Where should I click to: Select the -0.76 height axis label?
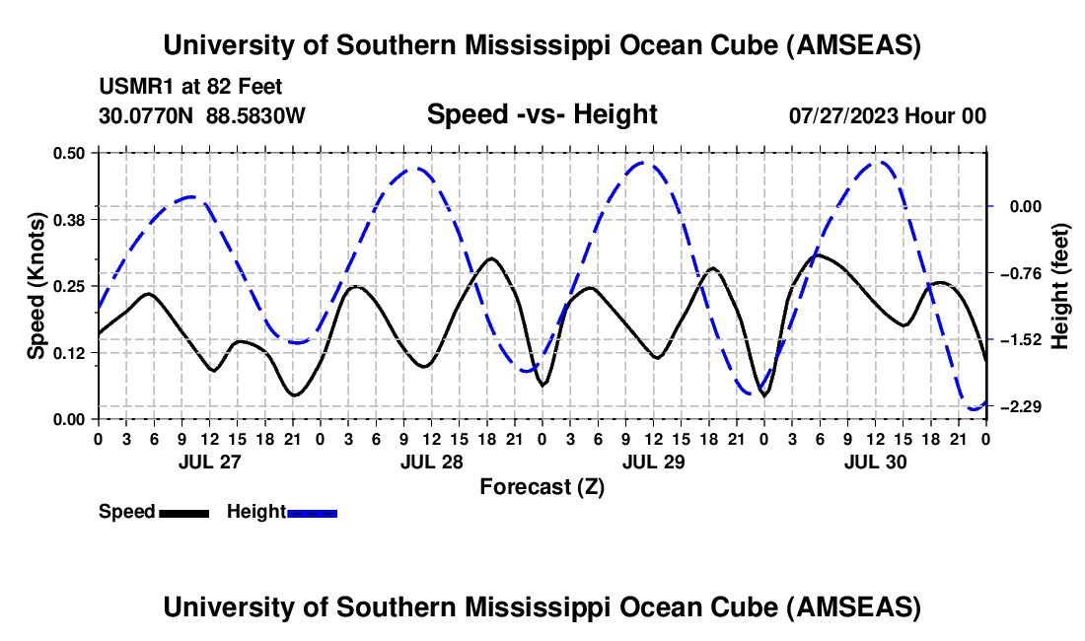(1019, 273)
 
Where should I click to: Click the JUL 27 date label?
(208, 462)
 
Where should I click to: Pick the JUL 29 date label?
(653, 462)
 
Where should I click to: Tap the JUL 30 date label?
(875, 462)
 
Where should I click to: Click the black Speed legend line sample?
(183, 512)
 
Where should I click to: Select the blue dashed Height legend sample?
(313, 512)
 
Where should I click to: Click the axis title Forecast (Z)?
(542, 486)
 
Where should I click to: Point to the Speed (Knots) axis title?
(36, 286)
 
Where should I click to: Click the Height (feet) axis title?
(1060, 286)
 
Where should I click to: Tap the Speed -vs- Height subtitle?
(542, 114)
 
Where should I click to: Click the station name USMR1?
(133, 87)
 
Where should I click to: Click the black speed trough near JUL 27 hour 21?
(294, 395)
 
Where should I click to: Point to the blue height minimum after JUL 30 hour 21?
(974, 408)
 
